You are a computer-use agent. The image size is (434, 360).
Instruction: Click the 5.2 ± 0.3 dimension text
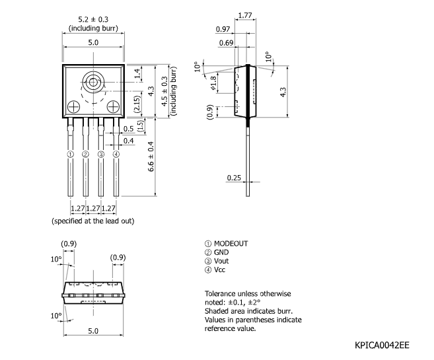click(x=92, y=20)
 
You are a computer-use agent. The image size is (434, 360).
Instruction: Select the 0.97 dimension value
click(x=223, y=29)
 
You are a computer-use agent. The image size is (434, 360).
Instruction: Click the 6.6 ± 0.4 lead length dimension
click(x=151, y=157)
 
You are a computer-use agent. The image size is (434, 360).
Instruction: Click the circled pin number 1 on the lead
click(x=70, y=154)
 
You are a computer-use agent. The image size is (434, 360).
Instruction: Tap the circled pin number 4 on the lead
click(x=116, y=154)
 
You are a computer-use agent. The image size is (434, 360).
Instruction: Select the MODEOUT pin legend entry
click(x=227, y=243)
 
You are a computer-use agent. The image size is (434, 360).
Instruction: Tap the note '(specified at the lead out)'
click(x=92, y=221)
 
